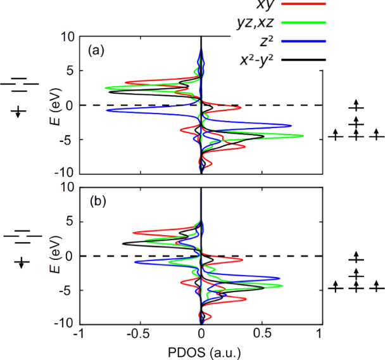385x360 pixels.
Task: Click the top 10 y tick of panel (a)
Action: (68, 37)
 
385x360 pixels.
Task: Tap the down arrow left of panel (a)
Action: (20, 112)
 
